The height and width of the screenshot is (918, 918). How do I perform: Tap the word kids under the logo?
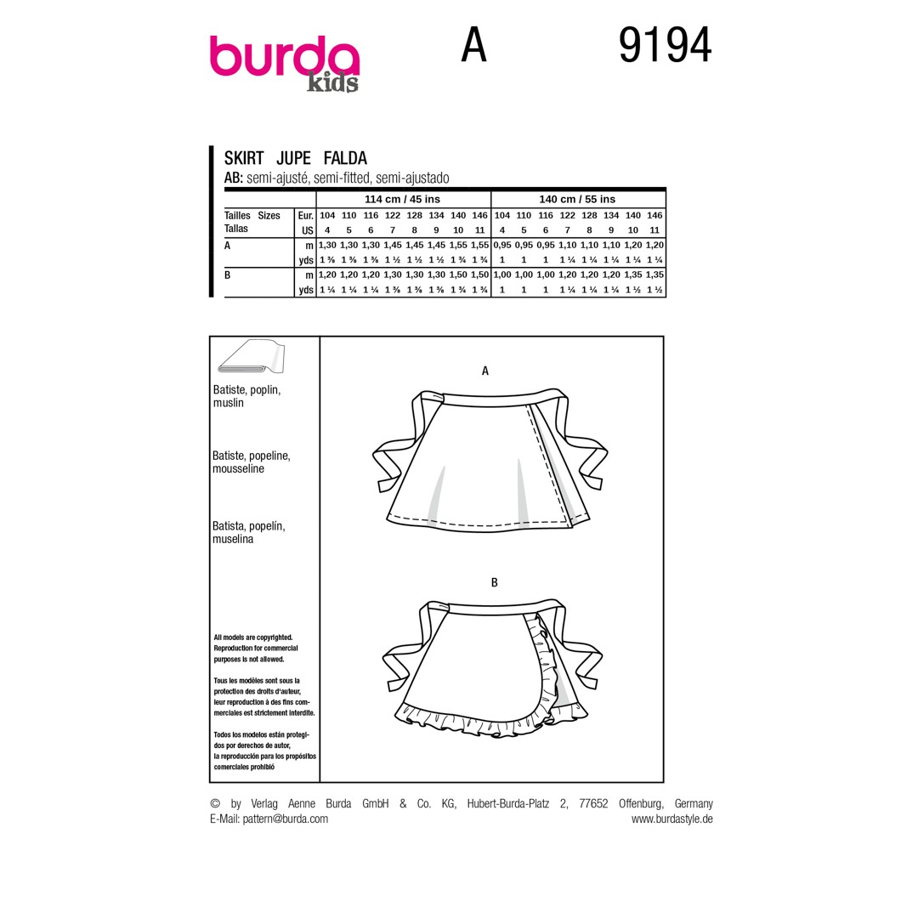(332, 83)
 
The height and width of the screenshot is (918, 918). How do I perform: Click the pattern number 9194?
(665, 45)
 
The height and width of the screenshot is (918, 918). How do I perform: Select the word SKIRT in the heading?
(244, 158)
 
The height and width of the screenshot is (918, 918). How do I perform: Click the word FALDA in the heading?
(345, 158)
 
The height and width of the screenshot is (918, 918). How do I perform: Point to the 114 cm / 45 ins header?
(402, 199)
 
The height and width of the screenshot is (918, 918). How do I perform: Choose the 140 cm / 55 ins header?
(577, 199)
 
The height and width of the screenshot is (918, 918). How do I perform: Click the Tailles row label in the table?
(237, 215)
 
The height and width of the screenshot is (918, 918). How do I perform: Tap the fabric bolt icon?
(251, 356)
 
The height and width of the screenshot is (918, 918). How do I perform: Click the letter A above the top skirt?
(484, 371)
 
